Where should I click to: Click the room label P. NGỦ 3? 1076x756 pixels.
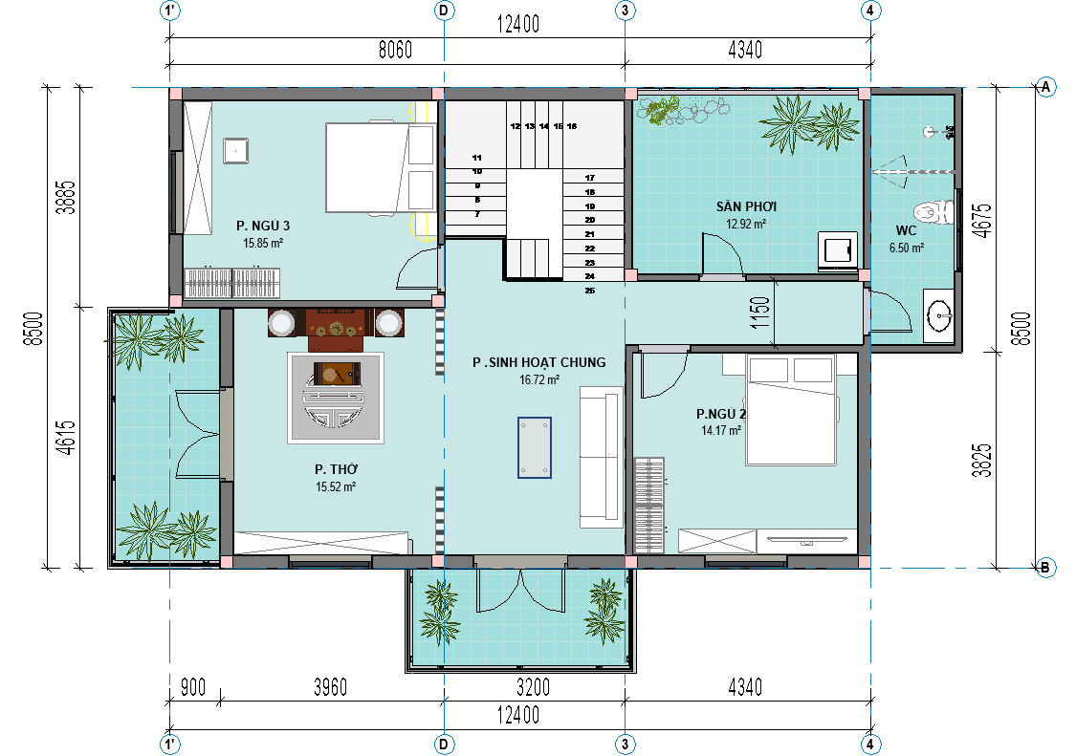click(263, 226)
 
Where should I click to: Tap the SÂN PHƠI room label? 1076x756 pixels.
click(746, 206)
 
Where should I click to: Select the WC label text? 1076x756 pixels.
click(906, 230)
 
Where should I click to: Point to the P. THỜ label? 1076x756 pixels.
click(337, 469)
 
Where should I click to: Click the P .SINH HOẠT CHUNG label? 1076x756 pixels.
click(538, 362)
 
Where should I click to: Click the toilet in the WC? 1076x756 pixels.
click(933, 211)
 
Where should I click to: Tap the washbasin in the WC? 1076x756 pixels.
click(938, 316)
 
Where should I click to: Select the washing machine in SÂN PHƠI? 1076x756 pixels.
click(837, 249)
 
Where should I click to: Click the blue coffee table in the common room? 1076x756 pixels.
click(535, 447)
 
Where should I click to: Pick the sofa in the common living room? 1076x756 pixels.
click(602, 457)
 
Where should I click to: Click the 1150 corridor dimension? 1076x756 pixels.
click(760, 313)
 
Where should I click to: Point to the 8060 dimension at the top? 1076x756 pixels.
click(395, 50)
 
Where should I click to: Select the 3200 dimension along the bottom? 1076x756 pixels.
click(533, 687)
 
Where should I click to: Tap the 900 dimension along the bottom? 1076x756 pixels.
click(193, 687)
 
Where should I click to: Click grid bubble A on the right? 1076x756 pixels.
click(1045, 87)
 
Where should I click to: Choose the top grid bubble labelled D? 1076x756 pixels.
click(444, 11)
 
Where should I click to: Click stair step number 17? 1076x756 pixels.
click(589, 178)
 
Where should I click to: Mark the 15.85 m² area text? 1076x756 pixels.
click(263, 243)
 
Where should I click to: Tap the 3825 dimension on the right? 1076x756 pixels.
click(982, 461)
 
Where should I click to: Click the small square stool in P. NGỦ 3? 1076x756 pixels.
click(235, 150)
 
